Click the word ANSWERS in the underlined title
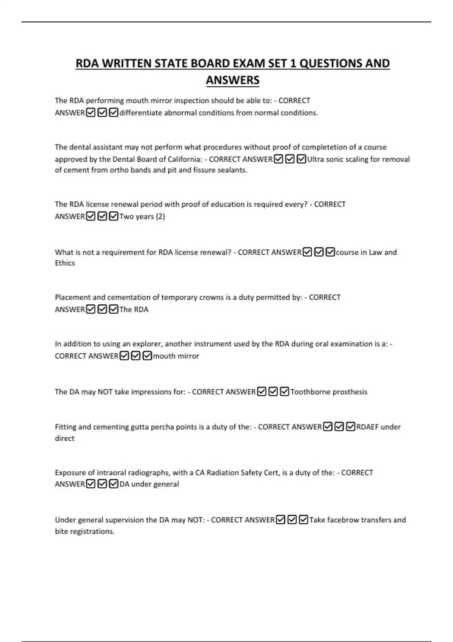point(233,80)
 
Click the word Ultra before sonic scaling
point(316,159)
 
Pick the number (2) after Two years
point(160,216)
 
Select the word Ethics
point(65,263)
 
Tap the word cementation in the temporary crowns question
point(134,297)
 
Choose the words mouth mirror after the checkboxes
point(176,356)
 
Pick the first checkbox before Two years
point(91,216)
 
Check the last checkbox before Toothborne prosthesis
point(285,392)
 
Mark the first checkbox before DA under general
point(91,484)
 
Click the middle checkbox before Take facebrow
point(292,520)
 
